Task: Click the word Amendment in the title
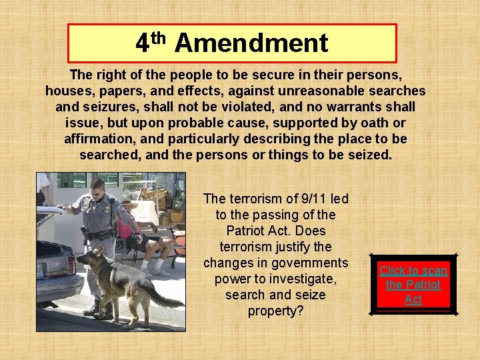pyautogui.click(x=251, y=43)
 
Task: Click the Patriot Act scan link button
pyautogui.click(x=413, y=285)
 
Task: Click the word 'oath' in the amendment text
pyautogui.click(x=372, y=123)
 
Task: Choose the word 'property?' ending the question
pyautogui.click(x=275, y=311)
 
